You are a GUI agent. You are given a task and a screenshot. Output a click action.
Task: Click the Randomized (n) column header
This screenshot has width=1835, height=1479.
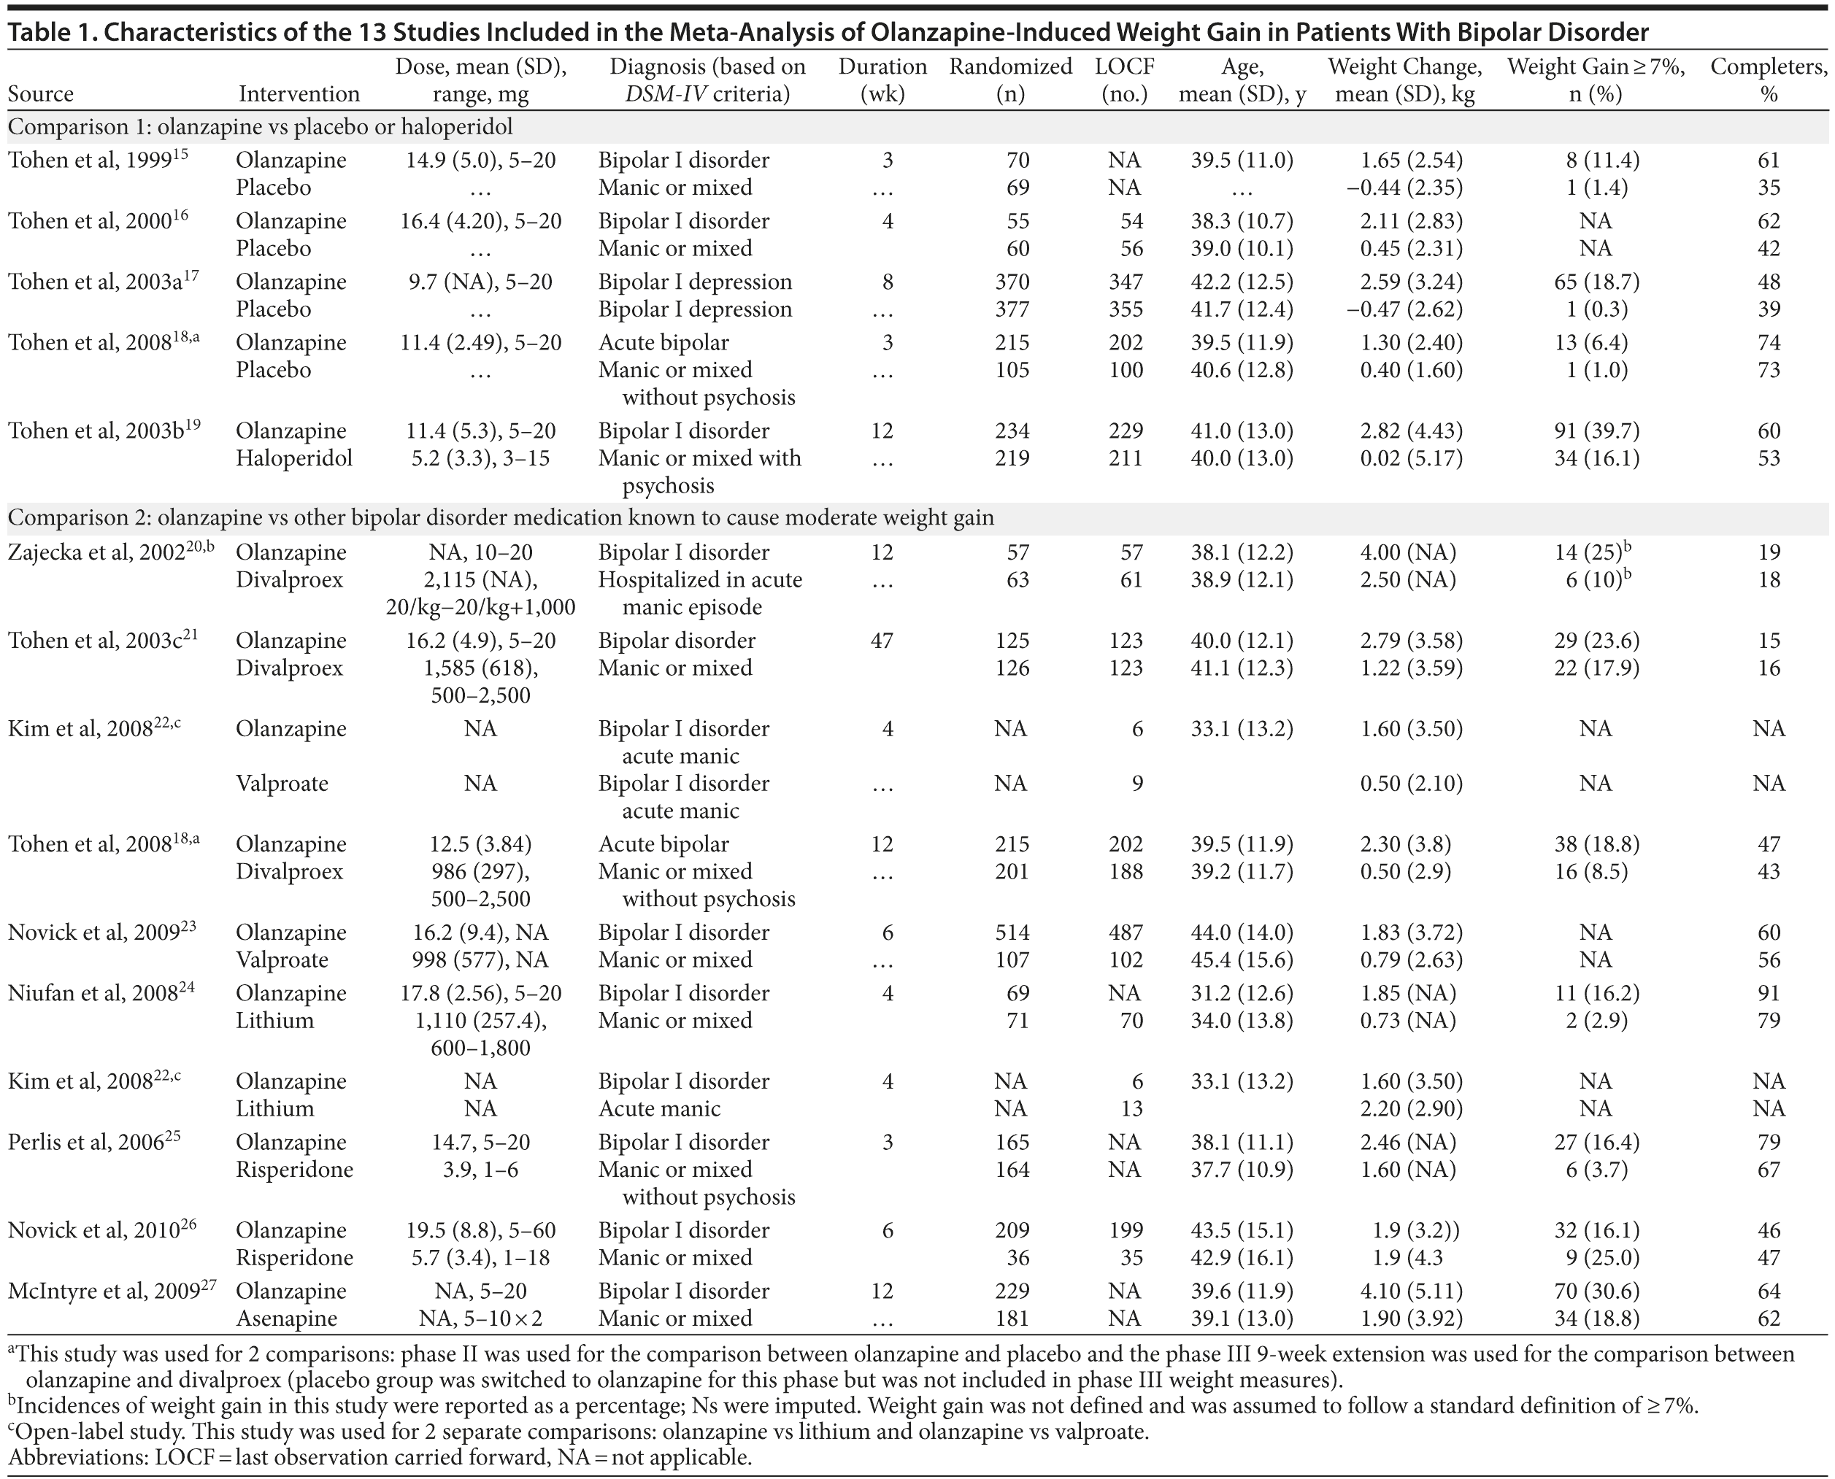1010,80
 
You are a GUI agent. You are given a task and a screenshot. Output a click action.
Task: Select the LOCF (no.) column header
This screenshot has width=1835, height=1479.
1124,80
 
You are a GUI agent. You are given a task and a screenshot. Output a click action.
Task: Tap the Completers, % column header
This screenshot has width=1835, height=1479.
1769,80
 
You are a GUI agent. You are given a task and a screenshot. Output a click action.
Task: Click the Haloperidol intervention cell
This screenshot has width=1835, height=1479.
294,458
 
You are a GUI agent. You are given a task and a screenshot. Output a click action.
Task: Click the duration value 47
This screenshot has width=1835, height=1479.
882,641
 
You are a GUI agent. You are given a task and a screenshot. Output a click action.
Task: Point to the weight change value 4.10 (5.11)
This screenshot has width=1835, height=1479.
1410,1291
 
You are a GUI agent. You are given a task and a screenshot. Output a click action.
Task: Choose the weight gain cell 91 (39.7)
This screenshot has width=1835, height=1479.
1596,431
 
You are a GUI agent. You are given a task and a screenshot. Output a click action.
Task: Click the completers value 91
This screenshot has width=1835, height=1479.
1769,993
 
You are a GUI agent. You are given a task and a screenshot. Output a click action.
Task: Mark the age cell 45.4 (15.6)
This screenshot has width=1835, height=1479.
1242,959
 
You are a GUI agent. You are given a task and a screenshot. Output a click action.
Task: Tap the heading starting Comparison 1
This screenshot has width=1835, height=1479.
260,128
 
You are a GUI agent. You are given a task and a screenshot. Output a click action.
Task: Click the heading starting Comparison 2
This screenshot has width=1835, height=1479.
500,518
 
